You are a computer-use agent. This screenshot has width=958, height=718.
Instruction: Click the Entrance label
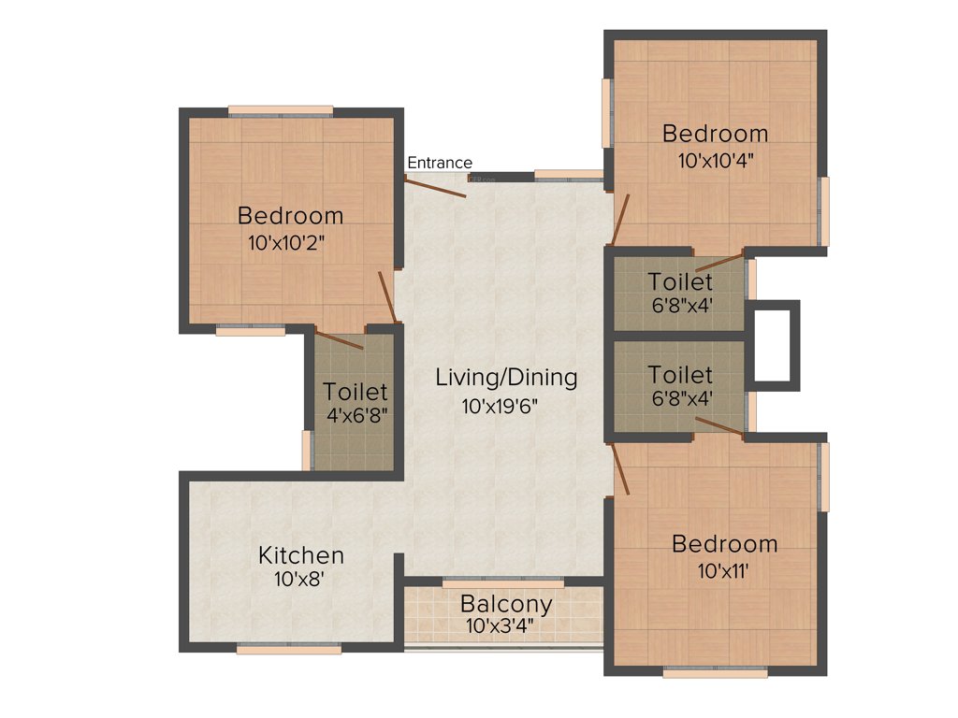[x=440, y=163]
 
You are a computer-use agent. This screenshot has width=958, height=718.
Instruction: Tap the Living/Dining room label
[x=506, y=378]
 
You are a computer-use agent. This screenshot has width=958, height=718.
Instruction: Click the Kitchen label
[x=301, y=555]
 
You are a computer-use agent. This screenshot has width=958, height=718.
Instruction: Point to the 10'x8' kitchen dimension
[x=299, y=579]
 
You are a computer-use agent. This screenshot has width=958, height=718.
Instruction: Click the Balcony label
[x=506, y=604]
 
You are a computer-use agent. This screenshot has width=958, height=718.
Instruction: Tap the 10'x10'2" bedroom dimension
[x=291, y=242]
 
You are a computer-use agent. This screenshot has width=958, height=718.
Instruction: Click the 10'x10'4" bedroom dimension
[x=716, y=159]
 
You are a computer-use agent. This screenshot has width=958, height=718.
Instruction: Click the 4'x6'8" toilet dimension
[x=356, y=415]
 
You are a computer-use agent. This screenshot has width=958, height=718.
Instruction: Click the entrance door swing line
[x=435, y=187]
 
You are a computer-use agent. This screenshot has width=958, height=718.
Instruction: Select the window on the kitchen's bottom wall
[x=275, y=648]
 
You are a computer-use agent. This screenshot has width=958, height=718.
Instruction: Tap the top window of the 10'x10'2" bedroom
[x=281, y=111]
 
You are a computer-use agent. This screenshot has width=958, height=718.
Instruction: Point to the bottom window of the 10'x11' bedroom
[x=715, y=670]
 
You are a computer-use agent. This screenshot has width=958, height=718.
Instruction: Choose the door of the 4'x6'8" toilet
[x=339, y=340]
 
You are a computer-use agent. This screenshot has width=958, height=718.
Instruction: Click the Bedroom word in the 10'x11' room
[x=725, y=544]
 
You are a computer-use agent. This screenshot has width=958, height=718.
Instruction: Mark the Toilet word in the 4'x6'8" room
[x=356, y=392]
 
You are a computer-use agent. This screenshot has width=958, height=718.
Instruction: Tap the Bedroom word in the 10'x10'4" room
[x=716, y=134]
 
